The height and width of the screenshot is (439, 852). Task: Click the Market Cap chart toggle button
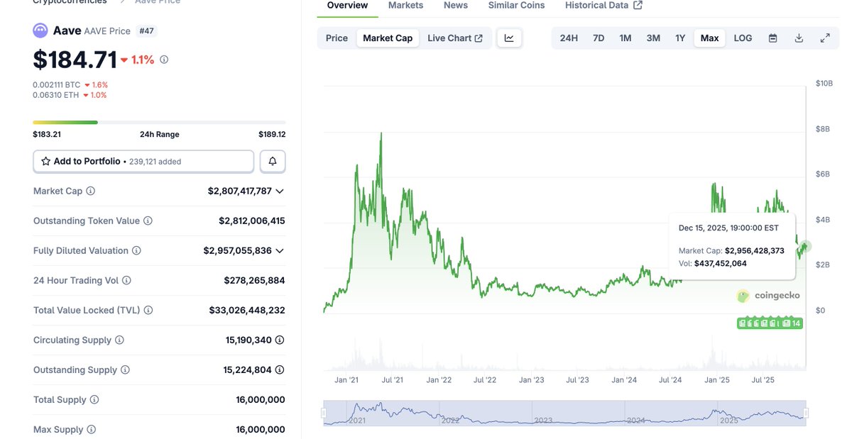[x=388, y=38]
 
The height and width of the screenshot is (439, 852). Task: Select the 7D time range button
[x=599, y=38]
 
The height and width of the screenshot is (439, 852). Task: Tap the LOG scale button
[x=743, y=38]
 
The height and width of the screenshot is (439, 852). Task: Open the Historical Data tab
[x=603, y=6]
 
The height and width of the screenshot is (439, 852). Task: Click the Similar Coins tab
[x=516, y=6]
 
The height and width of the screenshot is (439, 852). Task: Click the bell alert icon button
[x=273, y=162]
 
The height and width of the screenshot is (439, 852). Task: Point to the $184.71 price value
[x=75, y=60]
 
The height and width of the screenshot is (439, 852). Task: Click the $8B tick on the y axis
[x=823, y=129]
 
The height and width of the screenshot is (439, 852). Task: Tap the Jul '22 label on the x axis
[x=485, y=380]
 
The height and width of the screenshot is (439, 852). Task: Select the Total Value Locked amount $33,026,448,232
[x=247, y=311]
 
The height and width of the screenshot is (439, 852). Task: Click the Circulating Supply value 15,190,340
[x=248, y=340]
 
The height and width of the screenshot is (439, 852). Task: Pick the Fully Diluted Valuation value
[x=237, y=251]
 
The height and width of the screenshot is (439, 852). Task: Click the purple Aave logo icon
[x=40, y=30]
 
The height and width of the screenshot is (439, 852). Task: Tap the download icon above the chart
[x=799, y=38]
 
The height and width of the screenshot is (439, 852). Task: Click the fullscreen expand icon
[x=825, y=38]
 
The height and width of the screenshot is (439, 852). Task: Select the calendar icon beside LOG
[x=773, y=38]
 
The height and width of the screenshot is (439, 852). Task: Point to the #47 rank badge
[x=146, y=31]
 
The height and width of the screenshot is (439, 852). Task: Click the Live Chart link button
[x=454, y=38]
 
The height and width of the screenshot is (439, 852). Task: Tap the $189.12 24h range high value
[x=272, y=135]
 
